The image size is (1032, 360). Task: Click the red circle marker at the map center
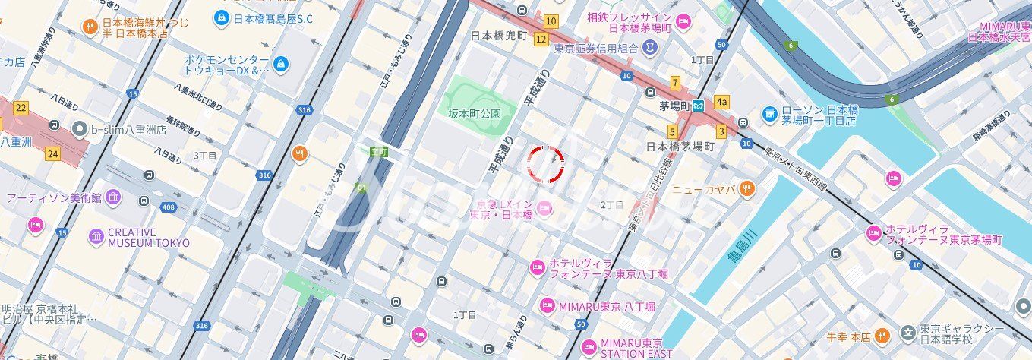coord(546,165)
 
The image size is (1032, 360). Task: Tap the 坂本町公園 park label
coord(475,114)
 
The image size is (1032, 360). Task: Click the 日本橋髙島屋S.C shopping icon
coord(221,17)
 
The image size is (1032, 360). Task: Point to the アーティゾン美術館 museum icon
coord(113,197)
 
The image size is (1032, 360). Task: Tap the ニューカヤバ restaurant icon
coord(747,189)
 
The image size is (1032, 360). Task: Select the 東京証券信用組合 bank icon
coord(649,49)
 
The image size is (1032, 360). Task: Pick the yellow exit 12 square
coord(541,39)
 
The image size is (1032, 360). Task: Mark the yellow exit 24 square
coord(52,154)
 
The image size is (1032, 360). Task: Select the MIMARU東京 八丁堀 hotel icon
coord(547,306)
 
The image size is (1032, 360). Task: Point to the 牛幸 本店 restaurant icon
coord(880,336)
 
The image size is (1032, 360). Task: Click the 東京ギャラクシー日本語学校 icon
coord(907,333)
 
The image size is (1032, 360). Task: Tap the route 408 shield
coord(169,207)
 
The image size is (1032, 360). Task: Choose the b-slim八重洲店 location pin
coord(79,130)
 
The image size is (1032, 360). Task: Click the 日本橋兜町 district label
coord(498,36)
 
